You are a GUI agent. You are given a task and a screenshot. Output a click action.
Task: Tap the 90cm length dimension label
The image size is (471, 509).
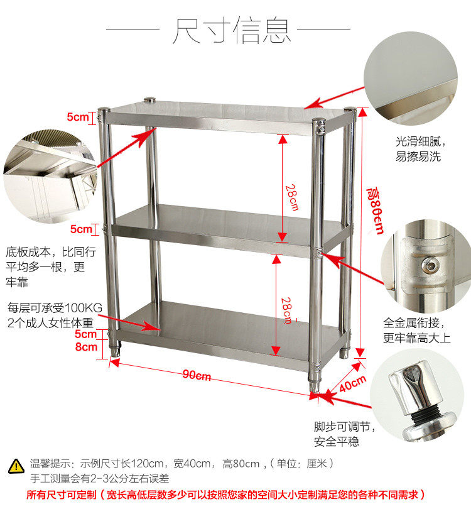tap(197, 375)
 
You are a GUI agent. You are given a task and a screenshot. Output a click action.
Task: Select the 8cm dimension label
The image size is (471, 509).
tap(86, 346)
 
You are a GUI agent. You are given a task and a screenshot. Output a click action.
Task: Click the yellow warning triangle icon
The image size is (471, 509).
tap(15, 466)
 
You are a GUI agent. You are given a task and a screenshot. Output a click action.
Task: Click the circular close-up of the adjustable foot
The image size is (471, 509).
tap(420, 395)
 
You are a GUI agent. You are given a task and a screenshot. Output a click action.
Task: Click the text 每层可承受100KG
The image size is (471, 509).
tap(55, 309)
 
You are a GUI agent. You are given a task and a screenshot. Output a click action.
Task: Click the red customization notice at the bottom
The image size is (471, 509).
tap(226, 495)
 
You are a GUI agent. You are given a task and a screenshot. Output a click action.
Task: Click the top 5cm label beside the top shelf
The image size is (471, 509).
tap(78, 116)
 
